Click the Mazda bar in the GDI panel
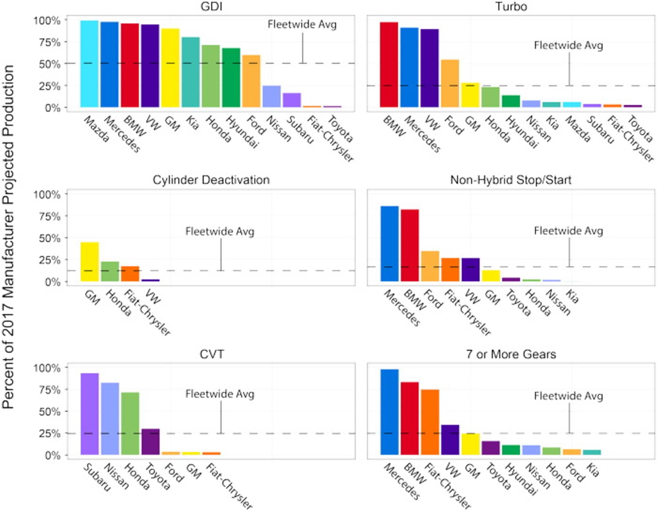(x=90, y=64)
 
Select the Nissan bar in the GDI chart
(x=272, y=96)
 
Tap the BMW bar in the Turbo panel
(x=389, y=65)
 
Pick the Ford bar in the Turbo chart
(x=450, y=83)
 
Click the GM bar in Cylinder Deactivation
(x=90, y=262)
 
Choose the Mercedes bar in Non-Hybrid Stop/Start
(x=389, y=244)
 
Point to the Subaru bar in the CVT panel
(x=90, y=414)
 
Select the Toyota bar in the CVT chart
(x=151, y=442)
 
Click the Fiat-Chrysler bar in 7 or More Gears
(x=430, y=422)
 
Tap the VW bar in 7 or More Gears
(x=450, y=440)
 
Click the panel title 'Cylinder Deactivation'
(x=211, y=180)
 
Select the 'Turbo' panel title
(x=511, y=6)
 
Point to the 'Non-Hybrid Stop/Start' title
(x=511, y=180)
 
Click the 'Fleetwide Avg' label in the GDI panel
(x=302, y=24)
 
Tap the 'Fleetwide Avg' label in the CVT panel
(x=220, y=394)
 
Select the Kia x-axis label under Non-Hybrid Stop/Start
(x=572, y=297)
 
